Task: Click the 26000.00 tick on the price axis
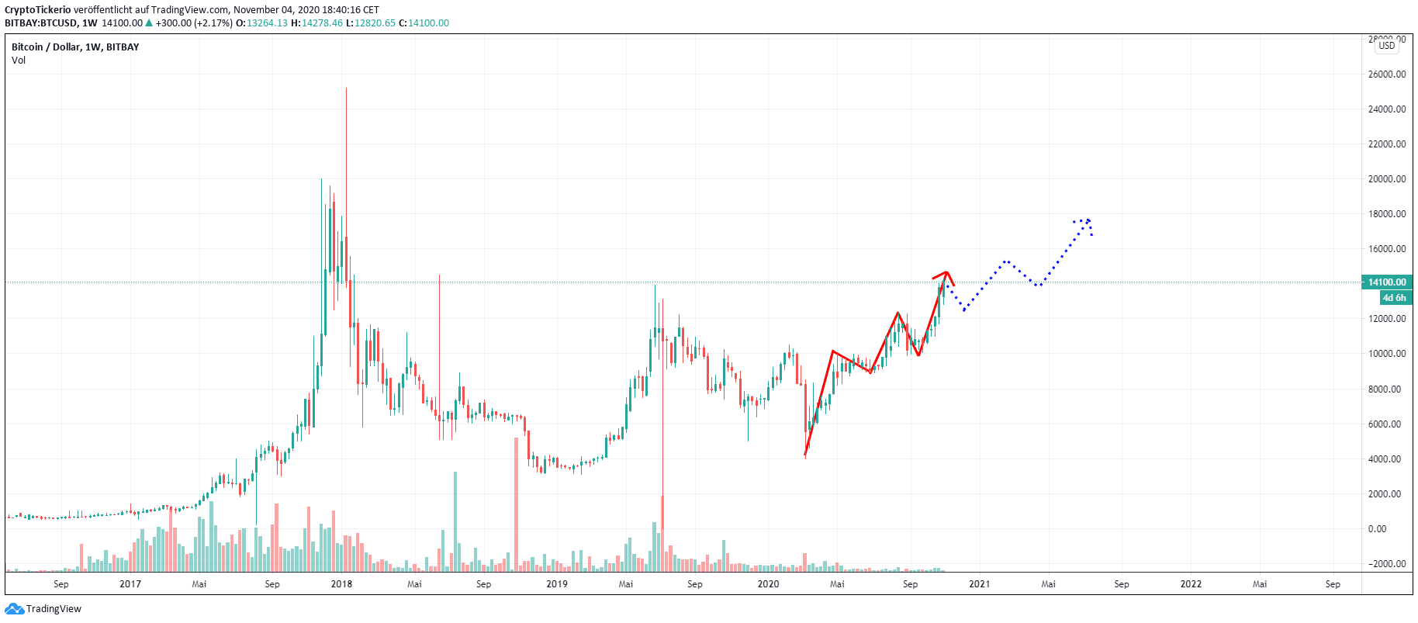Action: pos(1386,74)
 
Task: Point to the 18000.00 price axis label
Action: pos(1386,214)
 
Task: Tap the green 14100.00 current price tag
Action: pos(1386,282)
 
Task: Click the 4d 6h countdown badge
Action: pos(1393,298)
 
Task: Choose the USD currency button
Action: pos(1386,46)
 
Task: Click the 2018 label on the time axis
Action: pos(341,584)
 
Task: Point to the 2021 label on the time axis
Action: pos(979,584)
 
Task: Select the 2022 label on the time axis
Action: pos(1191,584)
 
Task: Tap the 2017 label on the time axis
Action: pos(130,584)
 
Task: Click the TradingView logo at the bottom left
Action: pos(43,609)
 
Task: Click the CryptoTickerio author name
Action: pos(37,10)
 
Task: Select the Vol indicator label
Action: pos(19,61)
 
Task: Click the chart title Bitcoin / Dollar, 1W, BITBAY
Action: pos(75,47)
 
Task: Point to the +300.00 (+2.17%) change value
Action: pos(194,23)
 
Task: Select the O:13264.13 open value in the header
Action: pos(262,23)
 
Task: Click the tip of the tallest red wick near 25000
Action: pos(346,88)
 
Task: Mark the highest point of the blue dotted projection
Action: pos(1088,220)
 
